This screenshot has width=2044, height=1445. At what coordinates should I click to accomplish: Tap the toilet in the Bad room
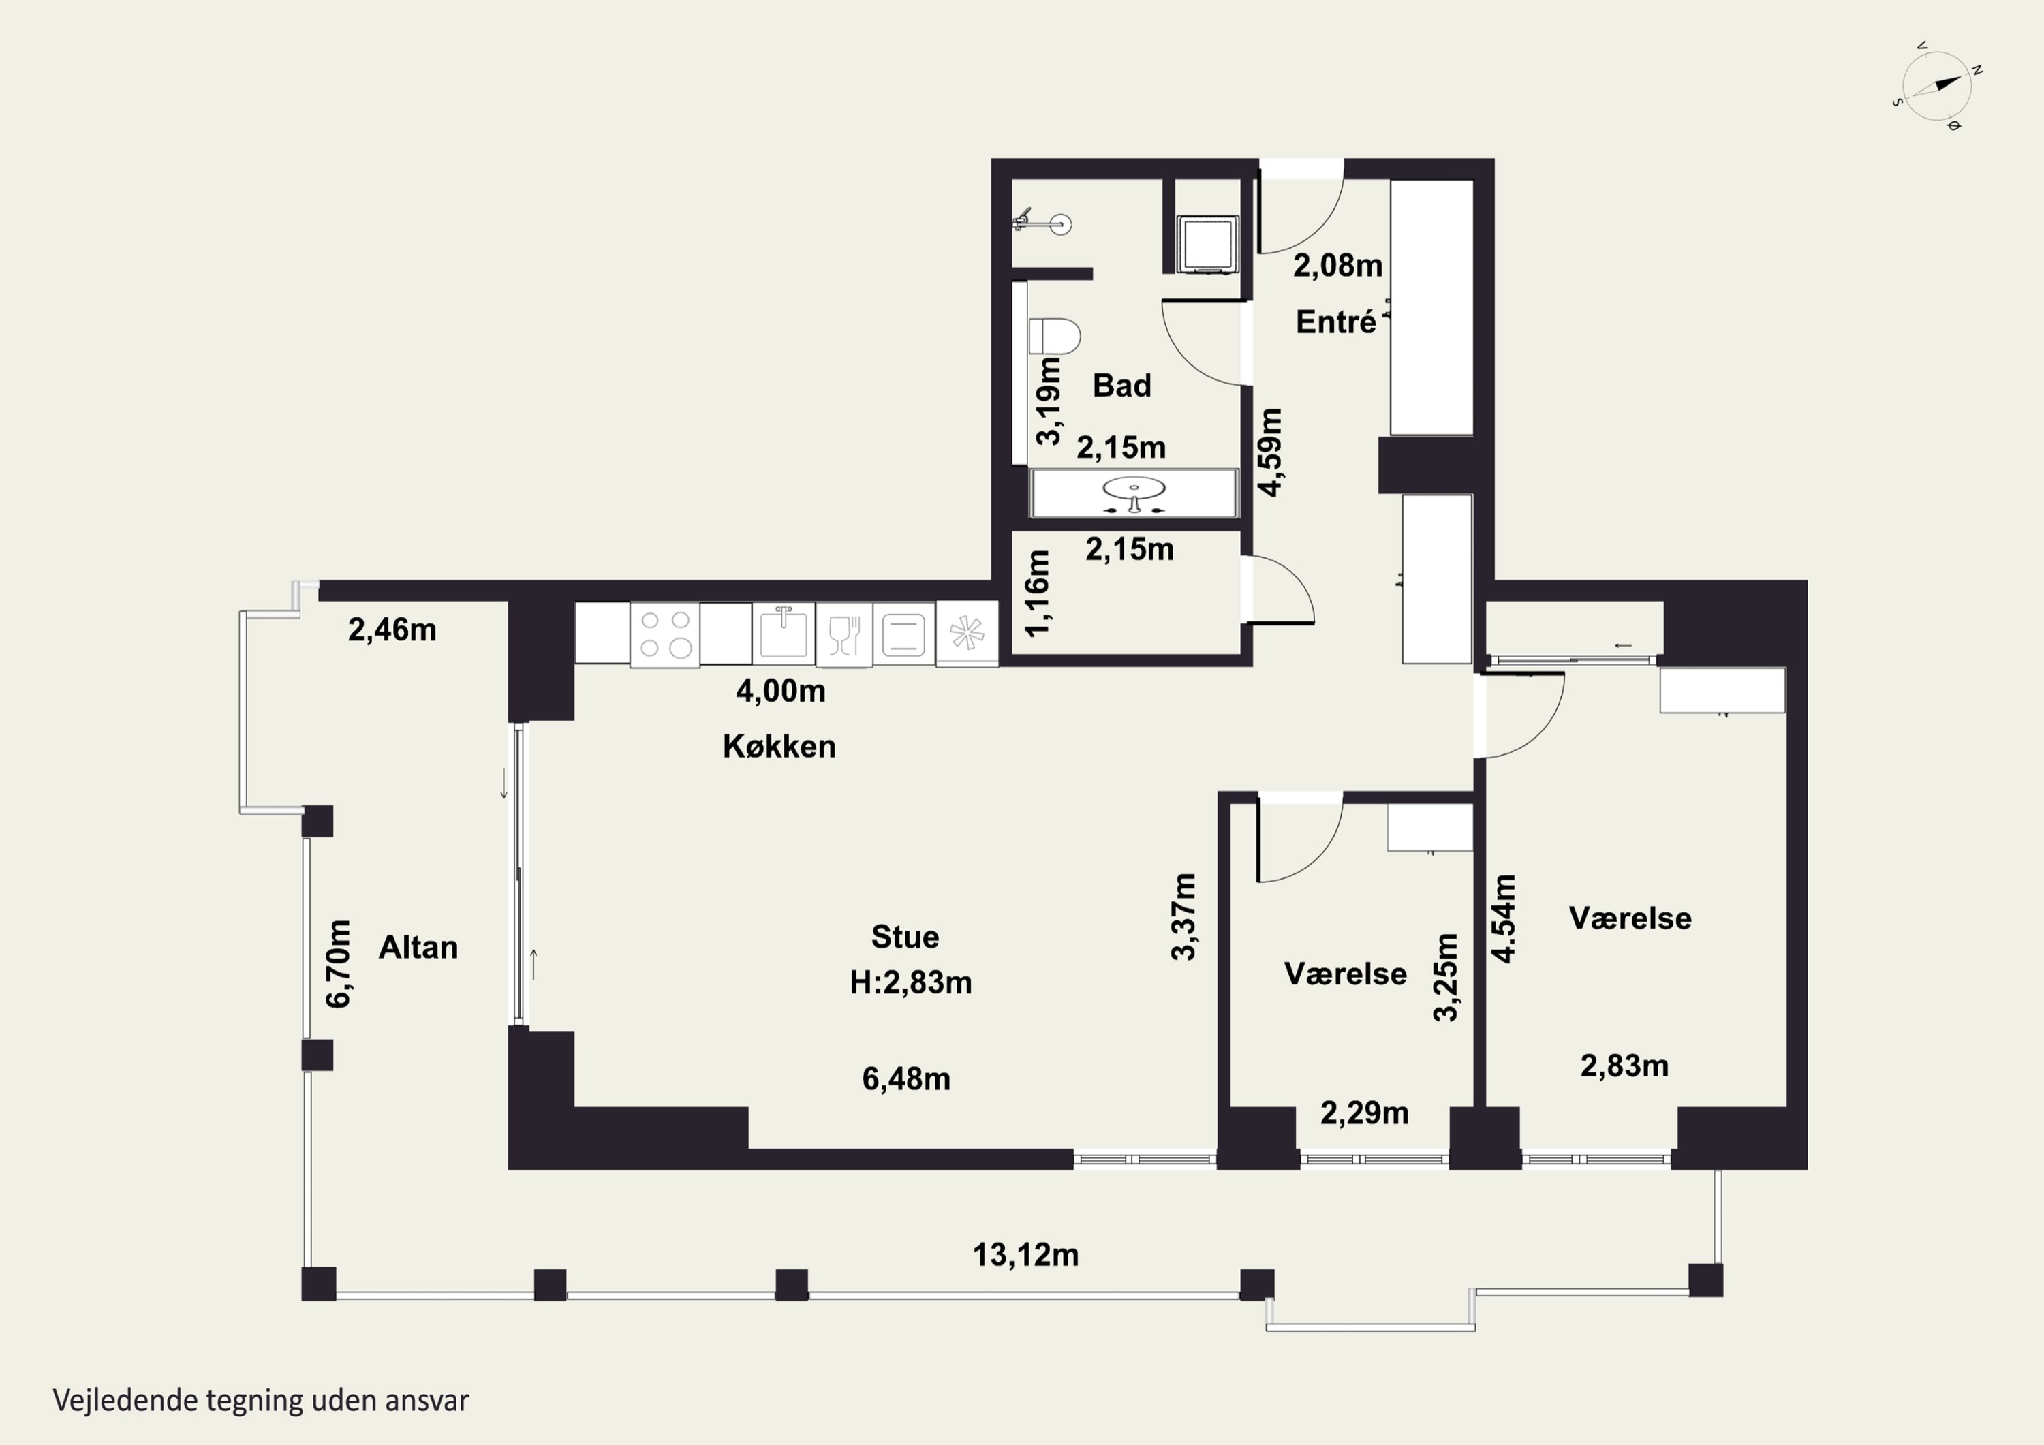point(1054,337)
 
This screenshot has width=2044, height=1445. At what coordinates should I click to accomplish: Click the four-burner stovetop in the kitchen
point(664,634)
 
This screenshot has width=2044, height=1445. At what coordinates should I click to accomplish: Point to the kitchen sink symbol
point(784,632)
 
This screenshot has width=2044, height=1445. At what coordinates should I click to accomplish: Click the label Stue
point(905,937)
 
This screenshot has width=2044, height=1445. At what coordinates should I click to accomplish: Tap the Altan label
point(418,947)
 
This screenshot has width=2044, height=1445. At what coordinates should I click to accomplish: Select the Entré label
point(1335,322)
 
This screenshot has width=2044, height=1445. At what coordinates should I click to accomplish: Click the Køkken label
point(779,746)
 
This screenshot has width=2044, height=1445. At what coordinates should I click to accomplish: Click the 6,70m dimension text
point(339,963)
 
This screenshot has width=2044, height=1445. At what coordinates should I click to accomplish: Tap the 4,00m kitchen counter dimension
point(781,691)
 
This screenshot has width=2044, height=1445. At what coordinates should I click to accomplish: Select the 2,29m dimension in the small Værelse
point(1364,1113)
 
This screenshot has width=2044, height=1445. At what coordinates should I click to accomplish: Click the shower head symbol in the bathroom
point(1045,223)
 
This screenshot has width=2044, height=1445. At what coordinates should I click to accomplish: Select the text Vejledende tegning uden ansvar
point(261,1401)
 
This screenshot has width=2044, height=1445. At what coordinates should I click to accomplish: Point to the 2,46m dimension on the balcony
point(392,630)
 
